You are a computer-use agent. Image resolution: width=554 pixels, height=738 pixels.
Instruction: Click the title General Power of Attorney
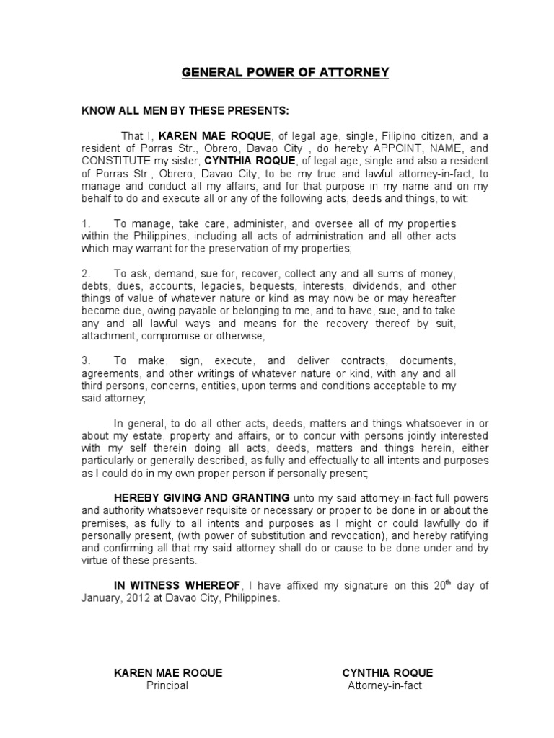pos(285,73)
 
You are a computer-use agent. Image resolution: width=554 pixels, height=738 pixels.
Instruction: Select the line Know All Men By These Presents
pos(185,111)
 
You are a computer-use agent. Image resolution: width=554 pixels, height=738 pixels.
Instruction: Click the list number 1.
pos(84,224)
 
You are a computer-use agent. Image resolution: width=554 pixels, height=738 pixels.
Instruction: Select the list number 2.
pos(84,274)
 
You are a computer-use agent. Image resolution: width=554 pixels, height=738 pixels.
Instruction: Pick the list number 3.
pos(84,360)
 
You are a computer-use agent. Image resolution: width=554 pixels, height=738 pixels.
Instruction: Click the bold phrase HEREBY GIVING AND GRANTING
pos(202,498)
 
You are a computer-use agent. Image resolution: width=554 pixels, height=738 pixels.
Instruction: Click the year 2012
pos(139,598)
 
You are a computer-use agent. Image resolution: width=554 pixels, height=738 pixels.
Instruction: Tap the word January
pos(102,598)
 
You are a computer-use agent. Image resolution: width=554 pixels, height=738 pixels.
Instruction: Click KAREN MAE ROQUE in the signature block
pos(168,673)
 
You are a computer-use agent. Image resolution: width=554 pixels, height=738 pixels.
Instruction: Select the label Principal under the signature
pos(167,685)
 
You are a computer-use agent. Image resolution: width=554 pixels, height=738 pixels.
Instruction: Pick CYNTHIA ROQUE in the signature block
pos(387,673)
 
